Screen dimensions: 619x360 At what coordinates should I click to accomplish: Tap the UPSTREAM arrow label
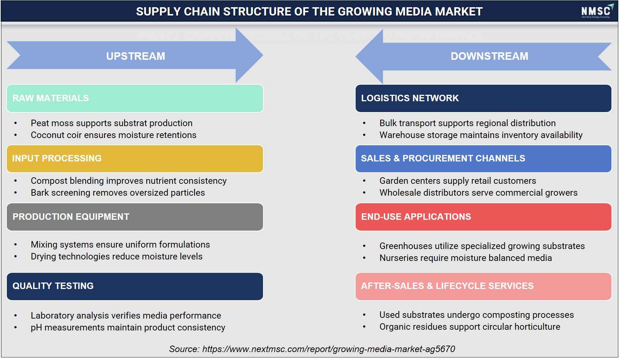(x=135, y=56)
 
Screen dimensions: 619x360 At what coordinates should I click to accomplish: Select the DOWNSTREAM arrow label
(x=489, y=56)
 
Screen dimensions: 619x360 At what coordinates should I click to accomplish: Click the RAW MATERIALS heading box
(x=135, y=98)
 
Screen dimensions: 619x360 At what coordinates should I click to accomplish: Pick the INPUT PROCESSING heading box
(x=135, y=159)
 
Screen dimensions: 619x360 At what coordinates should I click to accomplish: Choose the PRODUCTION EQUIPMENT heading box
(x=135, y=217)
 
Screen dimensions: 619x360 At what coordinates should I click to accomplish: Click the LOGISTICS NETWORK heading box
(x=483, y=98)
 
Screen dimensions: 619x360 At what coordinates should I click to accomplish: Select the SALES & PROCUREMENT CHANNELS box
(x=483, y=159)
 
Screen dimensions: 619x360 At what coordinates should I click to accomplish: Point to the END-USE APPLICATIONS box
(x=483, y=217)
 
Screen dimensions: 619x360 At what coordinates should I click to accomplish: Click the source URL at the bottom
(x=329, y=349)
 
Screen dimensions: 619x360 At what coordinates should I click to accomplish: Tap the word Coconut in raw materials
(x=46, y=135)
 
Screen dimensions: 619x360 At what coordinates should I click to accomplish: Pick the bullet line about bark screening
(x=118, y=193)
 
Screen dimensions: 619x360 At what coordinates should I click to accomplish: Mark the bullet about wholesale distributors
(x=478, y=193)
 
